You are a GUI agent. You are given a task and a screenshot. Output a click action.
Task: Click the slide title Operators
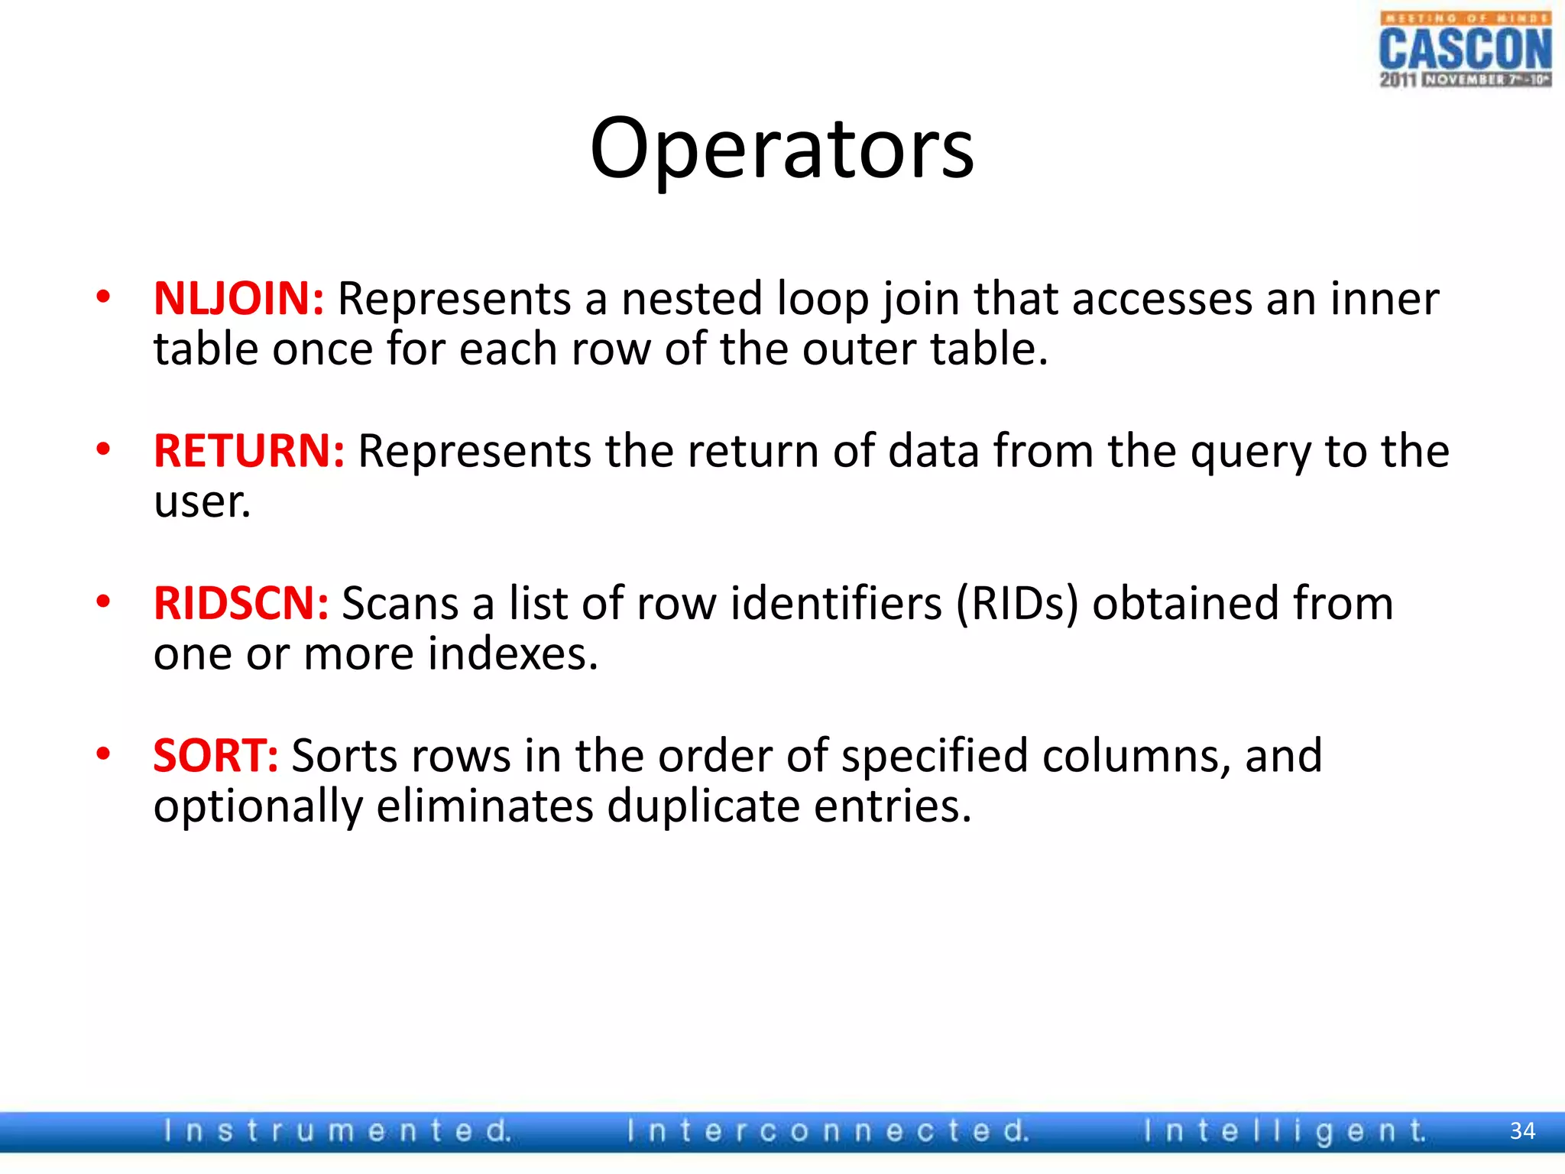coord(782,149)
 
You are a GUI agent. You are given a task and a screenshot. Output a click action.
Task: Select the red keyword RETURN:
coord(249,451)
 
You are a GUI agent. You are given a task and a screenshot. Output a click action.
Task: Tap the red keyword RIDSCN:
coord(241,603)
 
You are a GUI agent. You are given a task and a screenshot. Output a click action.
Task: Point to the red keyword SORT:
coord(215,756)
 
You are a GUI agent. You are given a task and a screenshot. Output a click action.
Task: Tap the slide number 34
coord(1522,1131)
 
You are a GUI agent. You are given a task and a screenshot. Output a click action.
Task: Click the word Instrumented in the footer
coord(337,1131)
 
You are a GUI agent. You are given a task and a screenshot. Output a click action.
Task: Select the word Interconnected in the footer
coord(828,1131)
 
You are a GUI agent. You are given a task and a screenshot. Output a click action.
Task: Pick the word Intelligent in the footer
coord(1285,1131)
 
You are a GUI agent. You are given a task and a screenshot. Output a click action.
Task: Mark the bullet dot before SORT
coord(104,754)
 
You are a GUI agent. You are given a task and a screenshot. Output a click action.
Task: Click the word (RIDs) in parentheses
coord(1017,604)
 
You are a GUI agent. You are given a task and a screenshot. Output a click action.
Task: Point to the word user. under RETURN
coord(202,502)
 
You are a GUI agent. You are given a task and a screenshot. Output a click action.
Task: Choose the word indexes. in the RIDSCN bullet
coord(513,654)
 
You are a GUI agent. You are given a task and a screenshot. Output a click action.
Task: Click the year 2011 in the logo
coord(1398,79)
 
